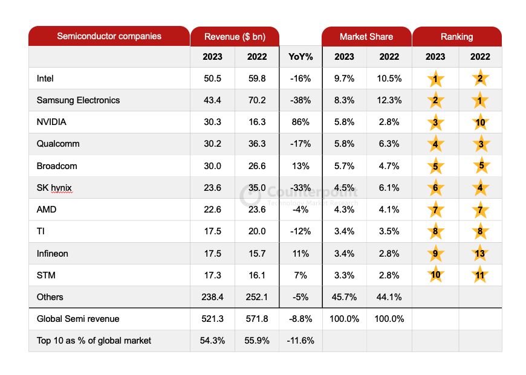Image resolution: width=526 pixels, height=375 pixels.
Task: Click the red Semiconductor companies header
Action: tap(109, 36)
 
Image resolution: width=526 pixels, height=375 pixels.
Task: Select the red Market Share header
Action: tap(366, 37)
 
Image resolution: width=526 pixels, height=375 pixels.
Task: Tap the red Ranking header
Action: tap(456, 37)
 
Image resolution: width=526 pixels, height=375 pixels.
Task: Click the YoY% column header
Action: tap(300, 57)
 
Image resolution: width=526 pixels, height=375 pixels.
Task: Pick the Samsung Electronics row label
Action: tap(78, 100)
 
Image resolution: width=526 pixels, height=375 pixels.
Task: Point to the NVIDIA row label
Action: tap(51, 122)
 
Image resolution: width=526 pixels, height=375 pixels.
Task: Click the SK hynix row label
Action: tap(54, 188)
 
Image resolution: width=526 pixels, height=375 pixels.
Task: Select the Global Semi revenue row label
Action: tap(78, 319)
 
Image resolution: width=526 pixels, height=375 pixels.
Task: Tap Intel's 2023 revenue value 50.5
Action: tap(212, 79)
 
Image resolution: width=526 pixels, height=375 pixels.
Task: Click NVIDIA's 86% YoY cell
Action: tap(300, 122)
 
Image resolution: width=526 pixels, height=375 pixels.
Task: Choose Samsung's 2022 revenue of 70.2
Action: tap(257, 100)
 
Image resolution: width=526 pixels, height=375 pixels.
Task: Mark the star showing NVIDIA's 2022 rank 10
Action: tap(480, 123)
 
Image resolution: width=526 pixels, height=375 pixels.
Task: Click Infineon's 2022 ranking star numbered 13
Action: tap(480, 254)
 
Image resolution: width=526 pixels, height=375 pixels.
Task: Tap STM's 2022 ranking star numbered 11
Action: tap(480, 275)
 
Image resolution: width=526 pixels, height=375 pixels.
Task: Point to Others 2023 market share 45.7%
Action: tap(344, 297)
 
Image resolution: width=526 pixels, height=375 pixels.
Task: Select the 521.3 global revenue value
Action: tap(212, 319)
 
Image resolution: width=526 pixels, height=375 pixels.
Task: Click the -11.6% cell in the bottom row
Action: tap(300, 341)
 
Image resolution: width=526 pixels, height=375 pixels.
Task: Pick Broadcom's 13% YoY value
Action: tap(300, 166)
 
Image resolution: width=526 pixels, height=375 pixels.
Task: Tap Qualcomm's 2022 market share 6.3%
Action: tap(389, 144)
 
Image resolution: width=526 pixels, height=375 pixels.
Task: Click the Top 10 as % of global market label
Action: tap(94, 341)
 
